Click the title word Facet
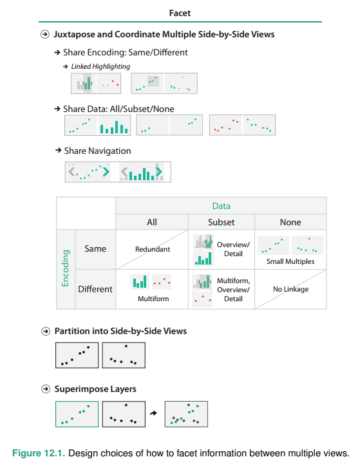[x=180, y=13]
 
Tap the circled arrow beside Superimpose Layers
[x=46, y=389]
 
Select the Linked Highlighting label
[x=100, y=66]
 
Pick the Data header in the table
[x=221, y=206]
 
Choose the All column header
[x=152, y=222]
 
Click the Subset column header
[x=221, y=222]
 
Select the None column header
[x=290, y=222]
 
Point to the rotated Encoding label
[x=66, y=268]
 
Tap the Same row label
[x=95, y=248]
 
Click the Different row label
[x=95, y=289]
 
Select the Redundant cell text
[x=153, y=249]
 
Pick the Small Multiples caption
[x=290, y=261]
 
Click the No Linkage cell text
[x=290, y=289]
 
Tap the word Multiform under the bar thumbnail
[x=153, y=299]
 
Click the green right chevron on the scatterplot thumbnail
[x=106, y=172]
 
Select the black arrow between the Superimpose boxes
[x=154, y=413]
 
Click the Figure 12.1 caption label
[x=39, y=453]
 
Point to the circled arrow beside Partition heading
[x=46, y=331]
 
